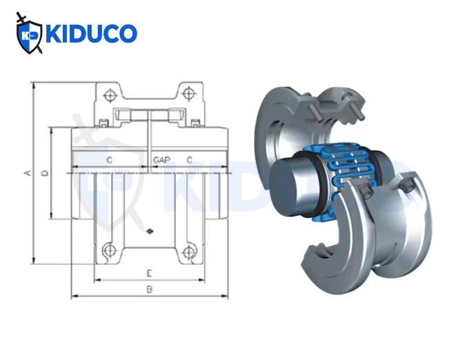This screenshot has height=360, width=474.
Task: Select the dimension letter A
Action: coord(28,172)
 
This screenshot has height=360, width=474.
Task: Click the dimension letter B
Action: coord(149,290)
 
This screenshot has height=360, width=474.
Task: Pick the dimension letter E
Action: coord(149,273)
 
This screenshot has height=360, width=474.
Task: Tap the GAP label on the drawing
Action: coord(161,159)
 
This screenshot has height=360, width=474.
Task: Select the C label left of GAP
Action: coord(110,159)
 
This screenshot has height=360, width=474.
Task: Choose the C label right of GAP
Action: coord(189,159)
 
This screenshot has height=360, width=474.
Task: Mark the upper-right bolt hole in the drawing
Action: coord(188,94)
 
